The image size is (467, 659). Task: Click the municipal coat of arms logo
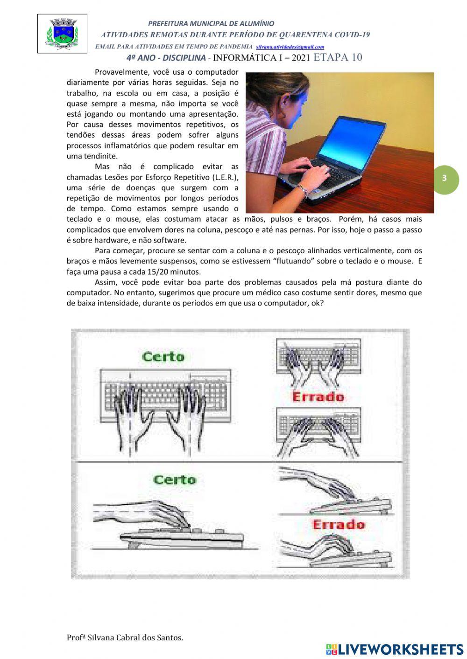click(x=62, y=34)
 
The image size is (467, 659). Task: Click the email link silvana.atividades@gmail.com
click(x=290, y=47)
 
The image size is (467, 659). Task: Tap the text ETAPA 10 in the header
click(x=338, y=57)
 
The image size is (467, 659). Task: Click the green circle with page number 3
click(x=444, y=178)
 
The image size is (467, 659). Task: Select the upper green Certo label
click(x=163, y=357)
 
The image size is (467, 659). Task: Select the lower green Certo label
click(x=174, y=479)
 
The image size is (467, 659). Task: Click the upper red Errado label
click(x=318, y=397)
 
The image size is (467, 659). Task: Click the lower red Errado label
click(x=338, y=524)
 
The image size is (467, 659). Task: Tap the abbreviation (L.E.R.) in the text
click(x=225, y=177)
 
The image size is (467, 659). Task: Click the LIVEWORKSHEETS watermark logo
click(x=395, y=649)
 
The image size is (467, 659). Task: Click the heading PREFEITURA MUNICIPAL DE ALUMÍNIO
click(x=211, y=23)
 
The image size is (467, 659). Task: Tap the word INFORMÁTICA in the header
click(x=243, y=58)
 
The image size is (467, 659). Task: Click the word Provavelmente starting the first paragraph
click(x=120, y=72)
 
